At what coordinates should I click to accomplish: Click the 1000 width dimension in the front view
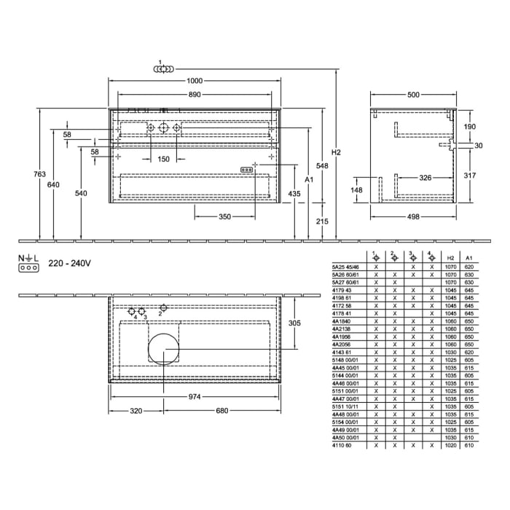pyautogui.click(x=193, y=82)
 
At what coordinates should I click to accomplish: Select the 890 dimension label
pyautogui.click(x=193, y=95)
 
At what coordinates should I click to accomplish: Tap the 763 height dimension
pyautogui.click(x=41, y=174)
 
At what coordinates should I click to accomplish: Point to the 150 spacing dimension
pyautogui.click(x=163, y=159)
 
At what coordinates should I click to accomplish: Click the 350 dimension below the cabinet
pyautogui.click(x=224, y=217)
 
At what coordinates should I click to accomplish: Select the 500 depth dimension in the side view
pyautogui.click(x=413, y=95)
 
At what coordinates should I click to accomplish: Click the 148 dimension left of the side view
pyautogui.click(x=356, y=190)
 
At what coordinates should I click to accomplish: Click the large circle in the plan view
pyautogui.click(x=163, y=351)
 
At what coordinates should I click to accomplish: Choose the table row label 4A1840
pyautogui.click(x=341, y=320)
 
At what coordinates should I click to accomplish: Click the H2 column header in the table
pyautogui.click(x=451, y=258)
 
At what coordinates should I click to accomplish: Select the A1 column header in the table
pyautogui.click(x=469, y=258)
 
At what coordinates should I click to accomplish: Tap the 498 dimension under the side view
pyautogui.click(x=413, y=217)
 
